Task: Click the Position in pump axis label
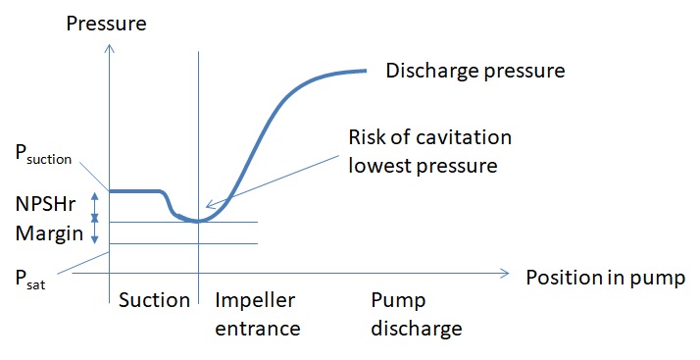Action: [x=605, y=277]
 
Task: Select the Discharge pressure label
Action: [x=475, y=71]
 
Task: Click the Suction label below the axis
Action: [x=153, y=300]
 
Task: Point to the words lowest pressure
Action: [x=424, y=165]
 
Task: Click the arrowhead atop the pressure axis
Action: [x=109, y=47]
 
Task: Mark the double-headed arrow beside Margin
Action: [x=94, y=231]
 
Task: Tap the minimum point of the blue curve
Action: [x=198, y=221]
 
